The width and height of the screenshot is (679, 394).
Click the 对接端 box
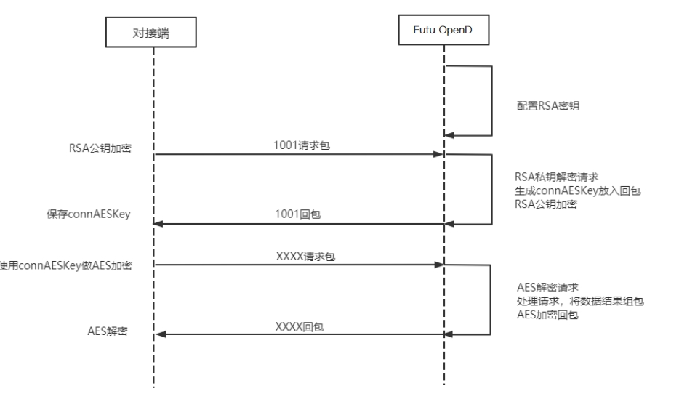[153, 34]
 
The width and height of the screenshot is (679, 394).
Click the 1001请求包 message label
[300, 145]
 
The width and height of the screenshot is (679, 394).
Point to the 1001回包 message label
[300, 215]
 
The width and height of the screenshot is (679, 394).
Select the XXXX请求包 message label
[300, 257]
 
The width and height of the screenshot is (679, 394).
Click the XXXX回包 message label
[300, 327]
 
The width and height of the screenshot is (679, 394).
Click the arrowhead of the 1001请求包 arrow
[438, 154]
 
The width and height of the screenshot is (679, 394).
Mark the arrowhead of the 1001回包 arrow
[160, 224]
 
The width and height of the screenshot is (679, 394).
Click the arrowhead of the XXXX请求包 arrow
[438, 265]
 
